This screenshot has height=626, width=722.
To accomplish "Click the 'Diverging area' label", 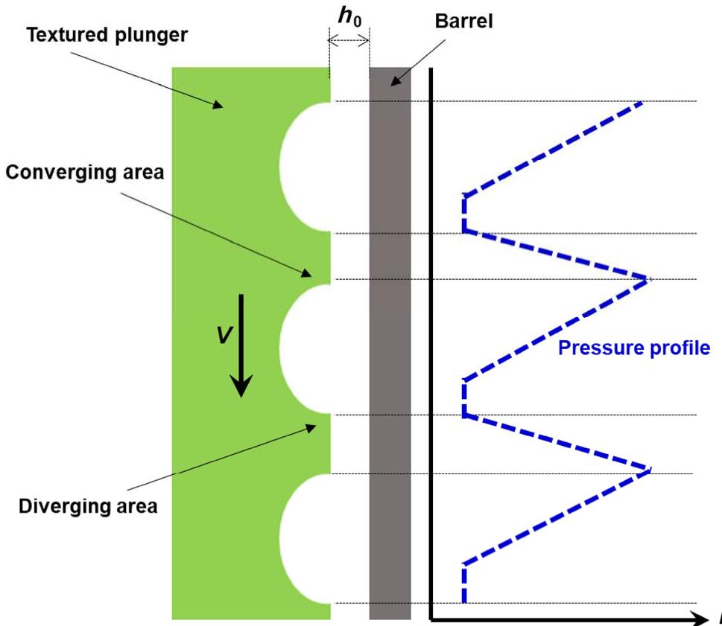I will click(x=88, y=506).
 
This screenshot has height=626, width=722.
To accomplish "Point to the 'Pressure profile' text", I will click(x=634, y=348).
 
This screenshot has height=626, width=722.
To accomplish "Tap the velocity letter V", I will click(x=224, y=336).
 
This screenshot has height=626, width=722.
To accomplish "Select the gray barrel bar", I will click(x=390, y=342).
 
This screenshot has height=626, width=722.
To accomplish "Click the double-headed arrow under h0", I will click(x=349, y=42).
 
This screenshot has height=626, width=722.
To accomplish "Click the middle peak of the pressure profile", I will click(x=647, y=279).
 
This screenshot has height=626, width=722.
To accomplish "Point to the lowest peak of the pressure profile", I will click(x=649, y=470).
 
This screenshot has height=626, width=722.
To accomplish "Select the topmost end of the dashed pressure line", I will click(x=641, y=103).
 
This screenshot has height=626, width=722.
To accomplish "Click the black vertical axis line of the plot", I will click(x=431, y=342).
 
